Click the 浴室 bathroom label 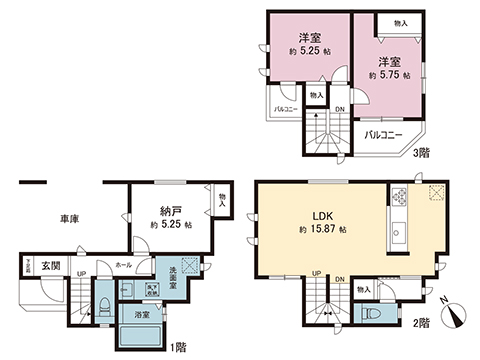[x=142, y=314]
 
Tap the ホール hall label [x=123, y=266]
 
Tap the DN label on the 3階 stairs [x=340, y=109]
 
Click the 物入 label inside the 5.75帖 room [x=401, y=22]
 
